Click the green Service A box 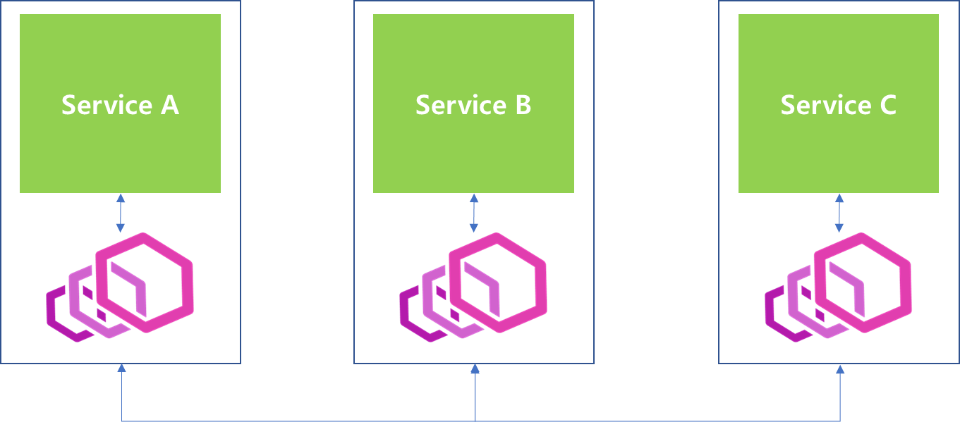click(x=120, y=56)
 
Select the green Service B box click(x=473, y=56)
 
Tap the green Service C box click(x=838, y=56)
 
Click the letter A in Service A click(x=170, y=105)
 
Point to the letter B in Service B click(x=523, y=105)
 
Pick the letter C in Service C click(x=887, y=105)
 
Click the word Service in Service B click(x=451, y=105)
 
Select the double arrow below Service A click(x=121, y=213)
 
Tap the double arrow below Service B click(x=474, y=213)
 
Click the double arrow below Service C click(x=839, y=213)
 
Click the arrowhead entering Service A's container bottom click(x=122, y=368)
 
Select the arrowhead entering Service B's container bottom click(x=475, y=368)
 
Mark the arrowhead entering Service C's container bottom click(x=840, y=368)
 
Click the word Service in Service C click(x=815, y=105)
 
